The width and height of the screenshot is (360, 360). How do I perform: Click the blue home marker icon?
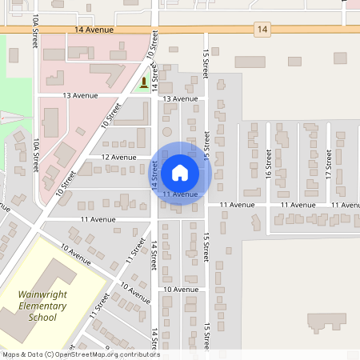pyautogui.click(x=180, y=172)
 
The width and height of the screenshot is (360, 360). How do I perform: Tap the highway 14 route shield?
pyautogui.click(x=262, y=30)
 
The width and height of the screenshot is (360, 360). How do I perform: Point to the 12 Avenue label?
pyautogui.click(x=119, y=158)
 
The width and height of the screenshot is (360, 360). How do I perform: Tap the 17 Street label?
pyautogui.click(x=329, y=170)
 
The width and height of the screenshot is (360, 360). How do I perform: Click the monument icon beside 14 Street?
pyautogui.click(x=144, y=82)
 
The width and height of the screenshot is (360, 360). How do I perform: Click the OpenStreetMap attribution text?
pyautogui.click(x=80, y=354)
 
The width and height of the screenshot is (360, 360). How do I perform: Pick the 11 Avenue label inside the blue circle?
pyautogui.click(x=180, y=194)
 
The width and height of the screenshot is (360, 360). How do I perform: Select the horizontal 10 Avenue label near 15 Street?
pyautogui.click(x=180, y=289)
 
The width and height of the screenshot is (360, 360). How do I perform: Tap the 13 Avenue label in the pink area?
pyautogui.click(x=80, y=95)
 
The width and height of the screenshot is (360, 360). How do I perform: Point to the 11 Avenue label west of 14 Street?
pyautogui.click(x=98, y=218)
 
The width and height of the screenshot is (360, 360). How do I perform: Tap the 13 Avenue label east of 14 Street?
pyautogui.click(x=180, y=98)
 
